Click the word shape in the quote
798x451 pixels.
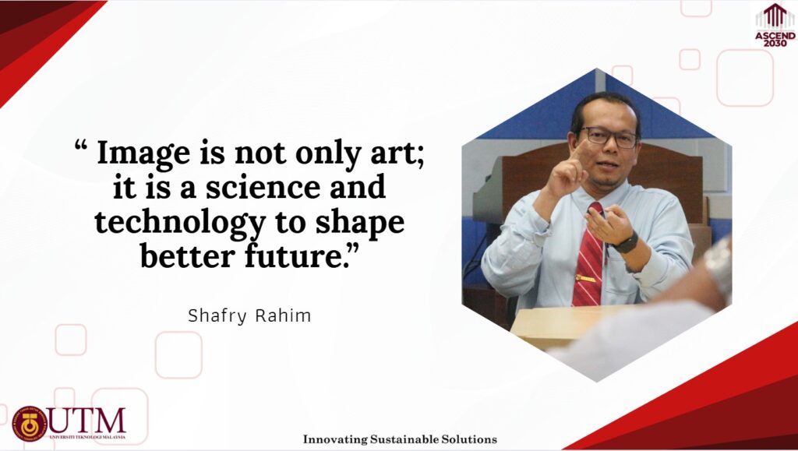pos(360,223)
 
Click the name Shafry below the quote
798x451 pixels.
pos(217,316)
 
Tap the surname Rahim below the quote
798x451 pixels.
pos(283,315)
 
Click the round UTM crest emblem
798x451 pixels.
pos(30,424)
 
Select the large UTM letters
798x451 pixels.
pos(87,420)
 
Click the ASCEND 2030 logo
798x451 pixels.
pos(775,26)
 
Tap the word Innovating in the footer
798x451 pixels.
pos(335,439)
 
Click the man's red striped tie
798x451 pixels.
pos(588,256)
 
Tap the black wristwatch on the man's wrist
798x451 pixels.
pos(627,242)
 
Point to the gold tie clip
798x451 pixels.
pos(586,278)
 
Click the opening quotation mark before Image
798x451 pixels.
pos(81,147)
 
